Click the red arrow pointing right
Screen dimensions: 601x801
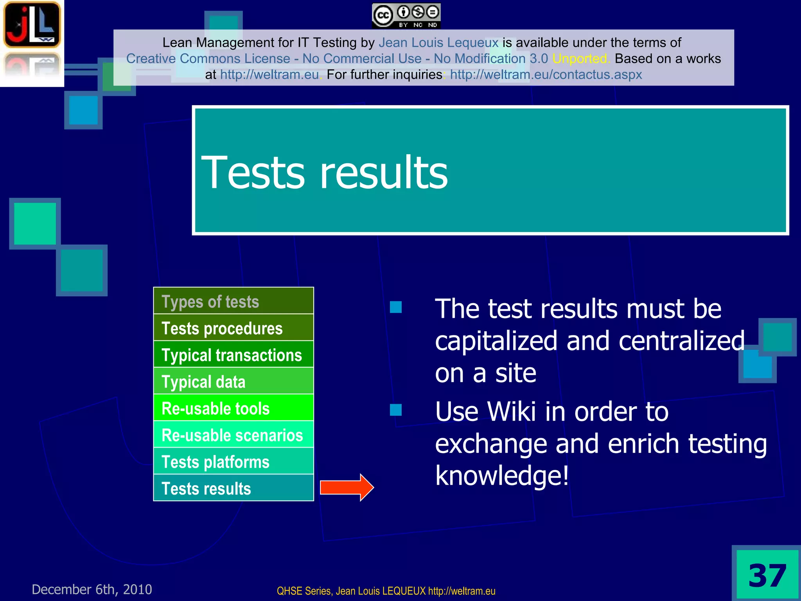(x=347, y=488)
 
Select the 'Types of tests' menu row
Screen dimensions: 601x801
(x=233, y=301)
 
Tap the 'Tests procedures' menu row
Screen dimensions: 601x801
(x=233, y=328)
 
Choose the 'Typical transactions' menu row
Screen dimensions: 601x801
(x=233, y=354)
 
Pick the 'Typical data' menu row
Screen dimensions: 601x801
(x=233, y=381)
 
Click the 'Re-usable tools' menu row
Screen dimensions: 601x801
(x=233, y=408)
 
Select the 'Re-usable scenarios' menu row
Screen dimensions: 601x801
(x=233, y=435)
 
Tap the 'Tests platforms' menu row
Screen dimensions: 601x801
(x=233, y=461)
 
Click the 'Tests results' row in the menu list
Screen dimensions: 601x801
(x=233, y=488)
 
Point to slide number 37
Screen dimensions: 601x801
(x=767, y=576)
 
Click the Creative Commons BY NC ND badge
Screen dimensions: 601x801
(x=406, y=16)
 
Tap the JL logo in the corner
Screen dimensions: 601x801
(x=32, y=24)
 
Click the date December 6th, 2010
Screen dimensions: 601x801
(x=92, y=589)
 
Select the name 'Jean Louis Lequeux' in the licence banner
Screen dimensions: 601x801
(x=438, y=42)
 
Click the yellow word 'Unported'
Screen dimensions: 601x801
(x=581, y=59)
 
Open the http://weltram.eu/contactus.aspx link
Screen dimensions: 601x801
(x=546, y=74)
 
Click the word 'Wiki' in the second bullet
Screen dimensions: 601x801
(x=511, y=412)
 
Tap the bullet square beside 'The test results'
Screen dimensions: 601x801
(x=396, y=307)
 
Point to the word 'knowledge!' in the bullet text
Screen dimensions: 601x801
(x=502, y=475)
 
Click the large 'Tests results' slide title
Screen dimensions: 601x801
(x=325, y=172)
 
